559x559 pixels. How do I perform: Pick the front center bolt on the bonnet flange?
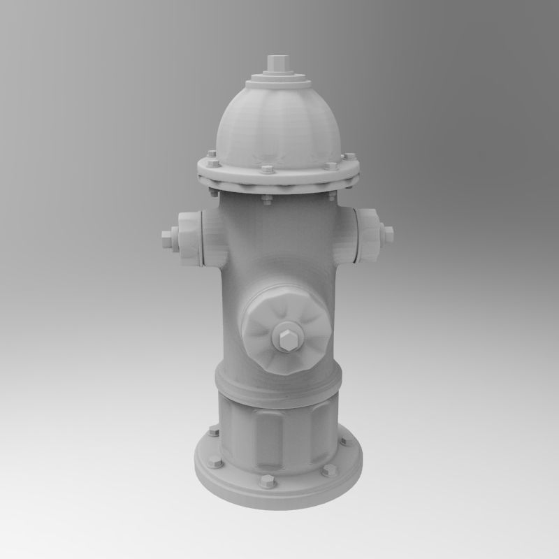tap(267, 170)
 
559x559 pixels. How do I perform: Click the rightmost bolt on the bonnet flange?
tap(350, 157)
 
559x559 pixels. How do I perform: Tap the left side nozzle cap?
tap(191, 238)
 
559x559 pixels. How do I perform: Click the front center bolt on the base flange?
tap(267, 483)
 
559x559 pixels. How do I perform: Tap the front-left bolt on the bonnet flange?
tap(215, 164)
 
